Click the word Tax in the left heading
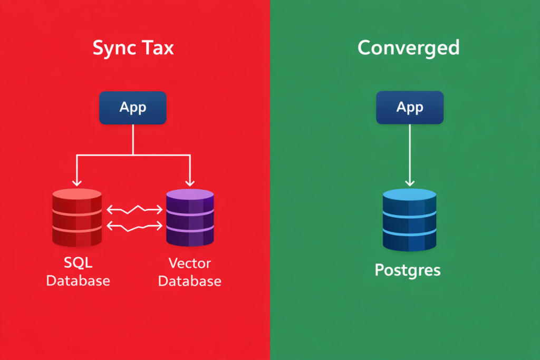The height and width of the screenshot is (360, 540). [157, 48]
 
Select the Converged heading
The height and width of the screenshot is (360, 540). [408, 48]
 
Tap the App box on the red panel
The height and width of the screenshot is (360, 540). [133, 108]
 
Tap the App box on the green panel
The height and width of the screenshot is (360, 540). [410, 108]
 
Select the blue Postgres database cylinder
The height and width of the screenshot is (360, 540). [410, 221]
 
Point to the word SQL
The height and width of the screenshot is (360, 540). [77, 262]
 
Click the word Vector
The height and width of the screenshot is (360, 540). [190, 262]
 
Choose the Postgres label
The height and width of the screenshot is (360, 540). [408, 270]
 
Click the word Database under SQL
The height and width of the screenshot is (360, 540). [78, 280]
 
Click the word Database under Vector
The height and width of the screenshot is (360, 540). [190, 281]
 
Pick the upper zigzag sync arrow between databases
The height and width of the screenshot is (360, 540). [134, 210]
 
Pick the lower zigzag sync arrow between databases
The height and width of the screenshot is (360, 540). [134, 227]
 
